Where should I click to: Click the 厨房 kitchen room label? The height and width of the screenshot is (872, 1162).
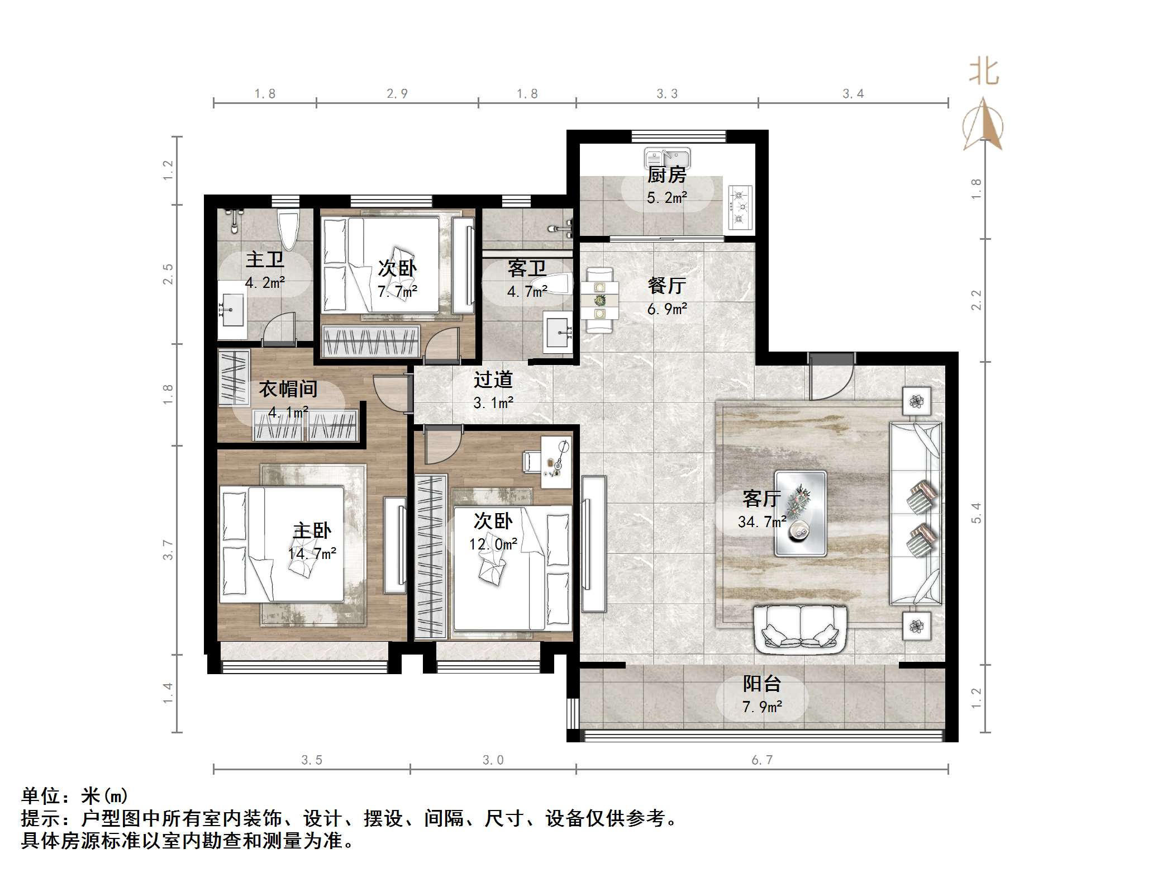(x=666, y=176)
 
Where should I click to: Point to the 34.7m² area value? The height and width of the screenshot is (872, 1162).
(x=761, y=522)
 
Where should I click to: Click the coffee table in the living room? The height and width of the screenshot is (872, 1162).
(x=800, y=513)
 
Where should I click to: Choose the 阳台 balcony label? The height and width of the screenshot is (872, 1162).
(x=761, y=684)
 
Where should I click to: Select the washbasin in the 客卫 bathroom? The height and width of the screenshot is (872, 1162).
(x=558, y=333)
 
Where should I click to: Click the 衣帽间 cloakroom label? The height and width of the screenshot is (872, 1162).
(x=288, y=389)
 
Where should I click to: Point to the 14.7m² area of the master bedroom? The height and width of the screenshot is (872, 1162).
(x=312, y=553)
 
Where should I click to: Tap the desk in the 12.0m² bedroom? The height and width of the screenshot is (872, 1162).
(x=556, y=462)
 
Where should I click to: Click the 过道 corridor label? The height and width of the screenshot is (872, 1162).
(x=493, y=380)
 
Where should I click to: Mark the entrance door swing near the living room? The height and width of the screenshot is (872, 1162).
(x=831, y=377)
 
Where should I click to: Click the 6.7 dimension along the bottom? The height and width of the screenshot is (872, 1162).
(x=761, y=760)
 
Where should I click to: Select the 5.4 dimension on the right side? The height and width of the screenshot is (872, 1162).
(x=976, y=513)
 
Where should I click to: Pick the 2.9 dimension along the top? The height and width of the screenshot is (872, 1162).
(x=397, y=94)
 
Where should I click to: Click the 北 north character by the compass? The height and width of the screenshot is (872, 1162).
(x=983, y=73)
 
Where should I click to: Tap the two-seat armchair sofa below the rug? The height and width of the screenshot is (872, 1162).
(x=801, y=630)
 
